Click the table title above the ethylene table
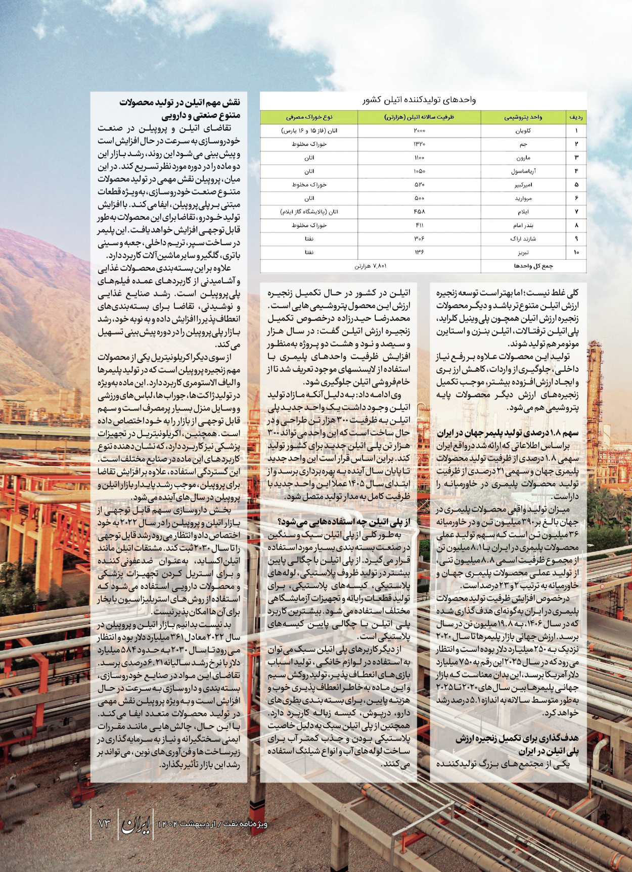point(419,100)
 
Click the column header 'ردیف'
point(576,117)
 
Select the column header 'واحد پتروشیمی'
point(523,117)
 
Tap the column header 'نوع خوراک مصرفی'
point(309,117)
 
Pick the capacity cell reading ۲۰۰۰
point(419,131)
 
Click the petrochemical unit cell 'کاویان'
point(523,131)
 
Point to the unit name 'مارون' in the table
point(523,158)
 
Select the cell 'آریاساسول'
point(523,171)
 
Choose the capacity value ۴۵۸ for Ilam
point(419,212)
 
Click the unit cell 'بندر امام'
point(523,225)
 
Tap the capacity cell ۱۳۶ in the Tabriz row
point(419,252)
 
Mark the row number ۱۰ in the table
point(576,252)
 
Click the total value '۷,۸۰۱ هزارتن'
point(370,266)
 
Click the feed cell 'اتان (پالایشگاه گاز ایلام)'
point(309,212)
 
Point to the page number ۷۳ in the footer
point(104,823)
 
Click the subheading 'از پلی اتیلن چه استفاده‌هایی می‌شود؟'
point(344,522)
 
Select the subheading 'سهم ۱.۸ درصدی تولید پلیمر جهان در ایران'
point(508,433)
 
